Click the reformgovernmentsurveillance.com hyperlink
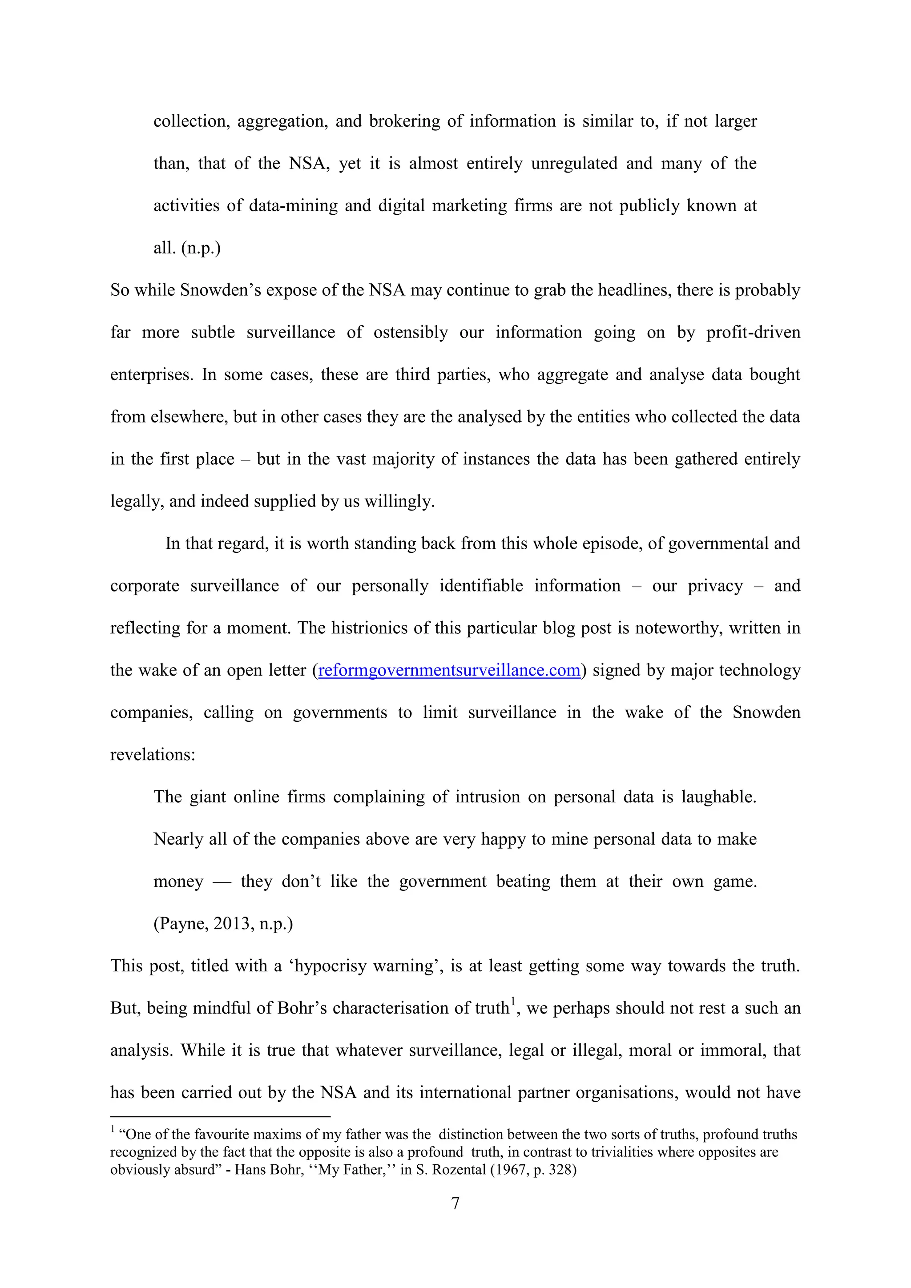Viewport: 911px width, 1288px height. pos(449,670)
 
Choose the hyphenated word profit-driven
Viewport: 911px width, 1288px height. pos(753,333)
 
